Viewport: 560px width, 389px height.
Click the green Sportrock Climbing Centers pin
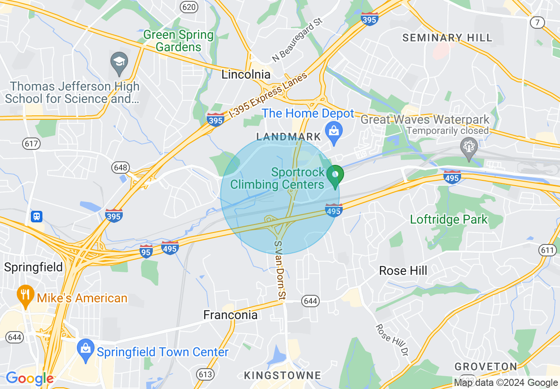(335, 175)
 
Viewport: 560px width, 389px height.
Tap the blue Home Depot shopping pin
(334, 132)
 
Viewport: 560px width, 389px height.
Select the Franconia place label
(230, 315)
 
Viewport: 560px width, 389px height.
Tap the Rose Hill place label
(403, 271)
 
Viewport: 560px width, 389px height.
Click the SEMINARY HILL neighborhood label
(447, 38)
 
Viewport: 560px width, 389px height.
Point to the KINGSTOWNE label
(283, 376)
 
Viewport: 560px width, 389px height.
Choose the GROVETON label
(486, 366)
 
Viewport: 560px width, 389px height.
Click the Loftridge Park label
(449, 219)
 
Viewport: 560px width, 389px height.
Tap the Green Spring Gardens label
(178, 41)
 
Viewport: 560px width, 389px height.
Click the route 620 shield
(189, 6)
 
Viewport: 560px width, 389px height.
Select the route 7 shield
(537, 22)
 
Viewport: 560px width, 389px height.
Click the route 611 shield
(547, 250)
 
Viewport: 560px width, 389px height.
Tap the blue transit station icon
(37, 216)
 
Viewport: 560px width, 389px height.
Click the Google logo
(29, 378)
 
